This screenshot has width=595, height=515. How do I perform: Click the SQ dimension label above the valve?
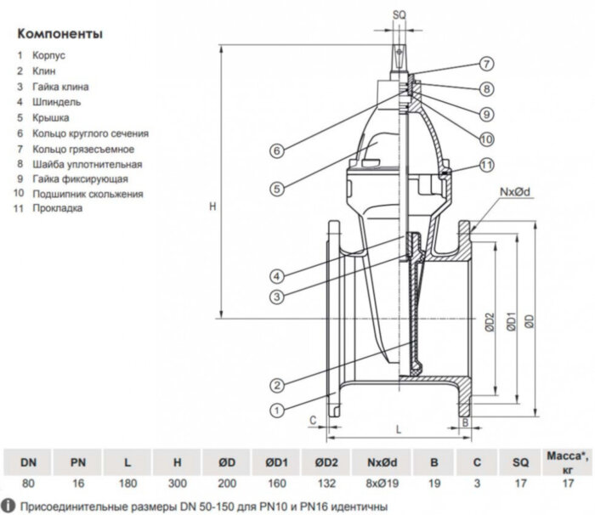[x=399, y=14]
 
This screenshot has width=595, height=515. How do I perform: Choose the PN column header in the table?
[x=77, y=463]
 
